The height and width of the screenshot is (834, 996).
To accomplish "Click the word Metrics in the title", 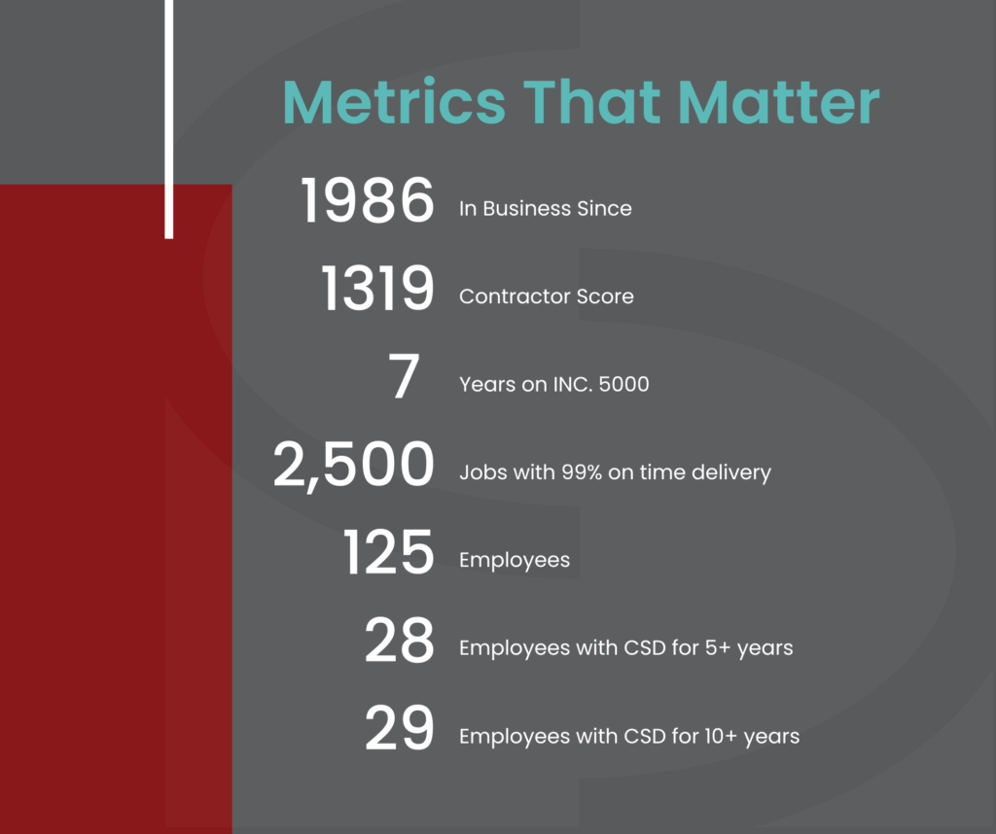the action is pos(395,101).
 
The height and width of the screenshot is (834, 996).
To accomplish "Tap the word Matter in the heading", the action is pos(779,101).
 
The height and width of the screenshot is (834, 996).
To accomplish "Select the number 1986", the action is pos(367,200).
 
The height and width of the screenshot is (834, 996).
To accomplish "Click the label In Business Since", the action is pos(545,208).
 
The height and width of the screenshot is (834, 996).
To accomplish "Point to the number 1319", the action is pos(378,288).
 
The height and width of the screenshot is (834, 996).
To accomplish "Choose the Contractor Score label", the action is pos(547,295).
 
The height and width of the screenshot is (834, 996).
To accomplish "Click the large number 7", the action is pos(404,376).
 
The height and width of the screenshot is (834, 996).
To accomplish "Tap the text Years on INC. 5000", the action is pos(553,384).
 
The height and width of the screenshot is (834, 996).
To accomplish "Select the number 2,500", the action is pos(354,466).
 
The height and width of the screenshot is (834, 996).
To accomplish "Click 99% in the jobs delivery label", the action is pos(582,472).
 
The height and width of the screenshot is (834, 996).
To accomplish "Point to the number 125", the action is pos(389,551).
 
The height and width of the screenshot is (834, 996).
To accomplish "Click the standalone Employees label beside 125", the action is pos(515,561).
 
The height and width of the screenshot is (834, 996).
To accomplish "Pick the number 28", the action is pos(400,640).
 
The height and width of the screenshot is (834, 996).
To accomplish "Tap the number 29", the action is pos(400,727).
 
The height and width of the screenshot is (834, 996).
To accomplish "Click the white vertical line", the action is pos(169,120).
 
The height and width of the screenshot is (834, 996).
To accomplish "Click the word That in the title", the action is pos(592,101).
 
